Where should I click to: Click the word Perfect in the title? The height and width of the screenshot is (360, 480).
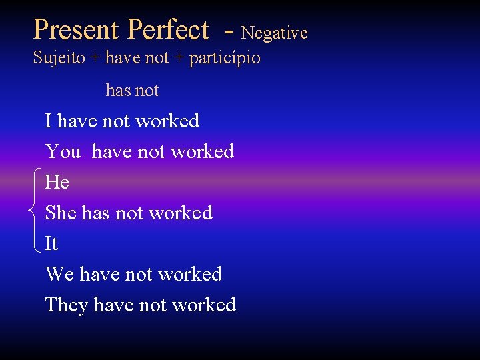coord(168,30)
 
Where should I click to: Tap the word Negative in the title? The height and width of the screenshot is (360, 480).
coord(274,33)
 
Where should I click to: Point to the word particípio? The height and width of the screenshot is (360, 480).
coord(225,59)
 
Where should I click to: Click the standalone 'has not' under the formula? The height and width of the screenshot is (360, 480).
coord(132,90)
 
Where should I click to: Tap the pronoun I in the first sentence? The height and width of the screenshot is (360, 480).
coord(48,121)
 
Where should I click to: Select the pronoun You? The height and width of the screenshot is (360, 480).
coord(63,152)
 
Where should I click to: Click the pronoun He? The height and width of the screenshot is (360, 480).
coord(57,182)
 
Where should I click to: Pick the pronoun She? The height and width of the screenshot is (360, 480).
coord(61,213)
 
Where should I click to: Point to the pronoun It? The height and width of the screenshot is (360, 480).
coord(51,243)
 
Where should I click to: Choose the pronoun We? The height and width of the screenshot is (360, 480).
coord(59,274)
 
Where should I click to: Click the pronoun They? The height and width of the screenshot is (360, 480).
coord(66,305)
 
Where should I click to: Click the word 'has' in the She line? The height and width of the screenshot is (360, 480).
coord(95,213)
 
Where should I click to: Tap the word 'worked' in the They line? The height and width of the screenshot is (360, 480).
coord(203,305)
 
